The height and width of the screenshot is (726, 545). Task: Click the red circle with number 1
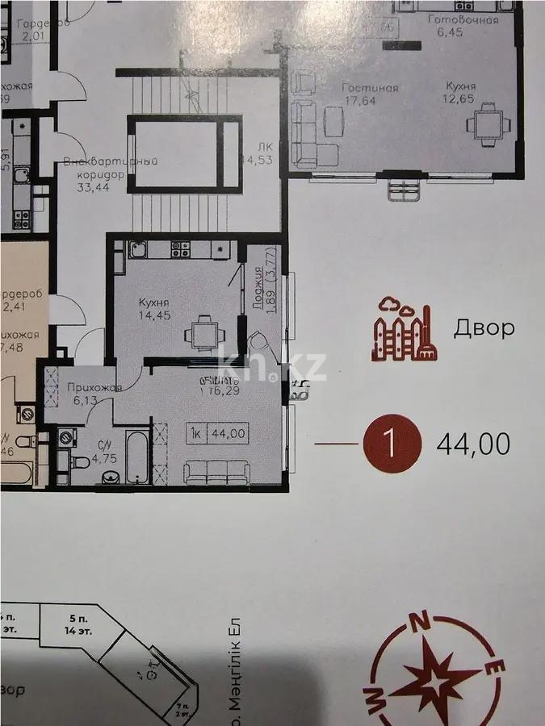(x=392, y=443)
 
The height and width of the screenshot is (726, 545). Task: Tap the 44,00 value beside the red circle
(x=472, y=444)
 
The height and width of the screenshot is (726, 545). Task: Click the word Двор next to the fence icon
(x=483, y=328)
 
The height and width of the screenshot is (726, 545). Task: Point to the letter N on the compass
(x=419, y=621)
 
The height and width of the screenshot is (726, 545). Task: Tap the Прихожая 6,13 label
(x=94, y=394)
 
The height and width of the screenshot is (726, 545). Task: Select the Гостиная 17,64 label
(x=370, y=94)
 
